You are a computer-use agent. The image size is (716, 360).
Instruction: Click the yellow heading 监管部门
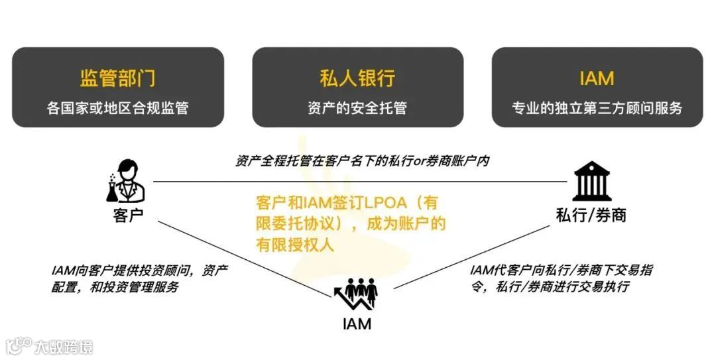(x=117, y=78)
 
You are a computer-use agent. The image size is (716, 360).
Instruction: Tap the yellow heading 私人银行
(x=357, y=78)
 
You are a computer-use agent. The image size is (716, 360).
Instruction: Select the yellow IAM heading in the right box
(x=597, y=78)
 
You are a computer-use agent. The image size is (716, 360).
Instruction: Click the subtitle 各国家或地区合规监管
(x=117, y=108)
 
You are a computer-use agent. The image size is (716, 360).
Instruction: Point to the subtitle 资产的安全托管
(x=357, y=108)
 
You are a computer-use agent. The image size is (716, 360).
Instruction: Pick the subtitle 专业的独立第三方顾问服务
(x=597, y=108)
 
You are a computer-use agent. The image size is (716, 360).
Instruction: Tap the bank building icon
(x=592, y=180)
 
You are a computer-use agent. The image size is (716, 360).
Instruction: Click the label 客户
(x=128, y=216)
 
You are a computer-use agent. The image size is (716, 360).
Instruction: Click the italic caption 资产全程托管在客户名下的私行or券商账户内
(x=362, y=161)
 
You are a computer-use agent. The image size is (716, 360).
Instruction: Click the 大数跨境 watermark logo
(x=49, y=346)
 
